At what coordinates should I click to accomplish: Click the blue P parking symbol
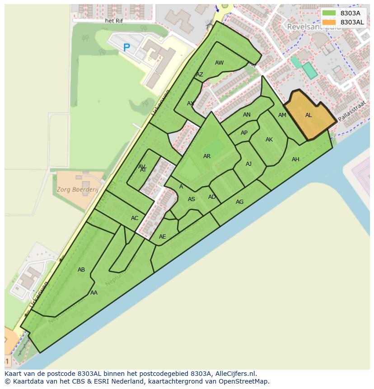pyautogui.click(x=126, y=47)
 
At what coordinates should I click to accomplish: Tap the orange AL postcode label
pyautogui.click(x=309, y=115)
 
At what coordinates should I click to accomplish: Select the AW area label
pyautogui.click(x=219, y=63)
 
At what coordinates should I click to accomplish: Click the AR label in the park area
pyautogui.click(x=207, y=156)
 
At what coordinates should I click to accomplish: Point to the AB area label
pyautogui.click(x=81, y=270)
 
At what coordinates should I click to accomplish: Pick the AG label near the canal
pyautogui.click(x=239, y=202)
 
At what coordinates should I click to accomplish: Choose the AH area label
pyautogui.click(x=295, y=159)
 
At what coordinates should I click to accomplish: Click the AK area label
pyautogui.click(x=269, y=140)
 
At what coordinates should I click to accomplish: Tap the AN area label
pyautogui.click(x=247, y=115)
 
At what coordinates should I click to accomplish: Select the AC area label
pyautogui.click(x=135, y=218)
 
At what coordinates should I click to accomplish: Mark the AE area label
pyautogui.click(x=163, y=237)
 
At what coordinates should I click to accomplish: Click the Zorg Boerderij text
pyautogui.click(x=78, y=190)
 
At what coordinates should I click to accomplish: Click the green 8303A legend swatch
pyautogui.click(x=329, y=13)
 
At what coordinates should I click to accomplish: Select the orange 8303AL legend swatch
pyautogui.click(x=329, y=22)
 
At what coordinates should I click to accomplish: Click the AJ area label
pyautogui.click(x=248, y=164)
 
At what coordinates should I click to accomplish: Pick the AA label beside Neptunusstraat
pyautogui.click(x=94, y=293)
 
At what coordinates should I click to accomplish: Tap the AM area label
pyautogui.click(x=282, y=115)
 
